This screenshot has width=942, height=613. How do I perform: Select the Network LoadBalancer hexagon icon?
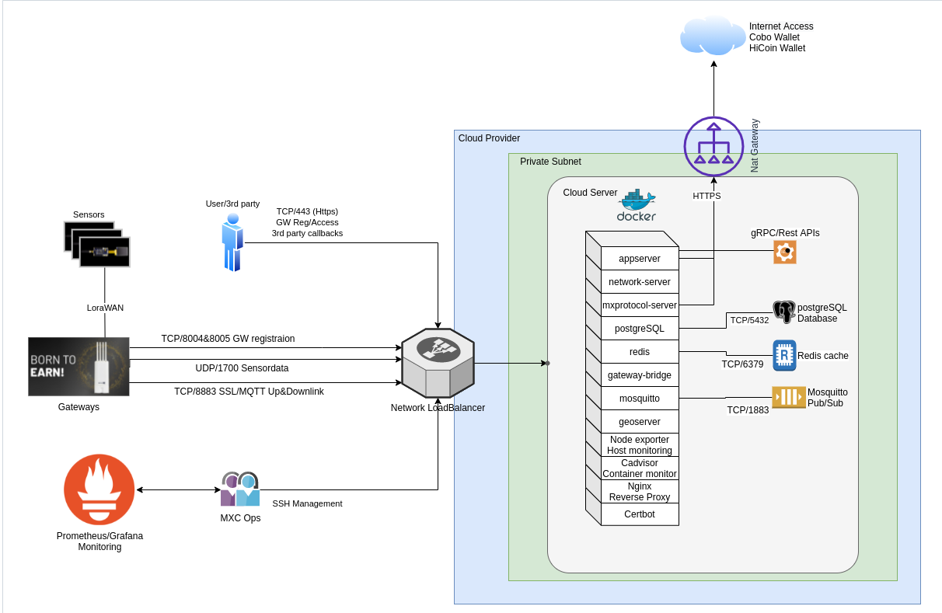[438, 363]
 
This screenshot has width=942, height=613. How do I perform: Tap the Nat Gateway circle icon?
[713, 148]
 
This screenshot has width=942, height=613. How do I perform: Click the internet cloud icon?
[712, 36]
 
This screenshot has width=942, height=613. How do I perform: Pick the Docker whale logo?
[637, 205]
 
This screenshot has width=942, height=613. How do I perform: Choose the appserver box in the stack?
[640, 259]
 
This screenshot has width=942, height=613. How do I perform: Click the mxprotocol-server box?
[640, 305]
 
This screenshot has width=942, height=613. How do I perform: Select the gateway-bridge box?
[640, 375]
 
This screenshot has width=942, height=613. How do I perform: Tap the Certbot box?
[640, 514]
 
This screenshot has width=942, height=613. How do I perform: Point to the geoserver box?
[640, 422]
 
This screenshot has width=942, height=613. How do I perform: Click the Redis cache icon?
[784, 355]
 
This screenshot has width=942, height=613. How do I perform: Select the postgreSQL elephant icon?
[784, 312]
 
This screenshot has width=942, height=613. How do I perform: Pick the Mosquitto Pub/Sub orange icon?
[787, 397]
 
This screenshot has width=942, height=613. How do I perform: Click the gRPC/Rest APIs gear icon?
[785, 252]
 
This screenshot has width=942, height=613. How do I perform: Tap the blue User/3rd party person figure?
[232, 242]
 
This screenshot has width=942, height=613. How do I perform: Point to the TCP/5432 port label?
[748, 319]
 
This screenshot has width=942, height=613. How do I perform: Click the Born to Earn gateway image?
[78, 367]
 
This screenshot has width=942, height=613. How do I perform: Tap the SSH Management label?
[307, 503]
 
